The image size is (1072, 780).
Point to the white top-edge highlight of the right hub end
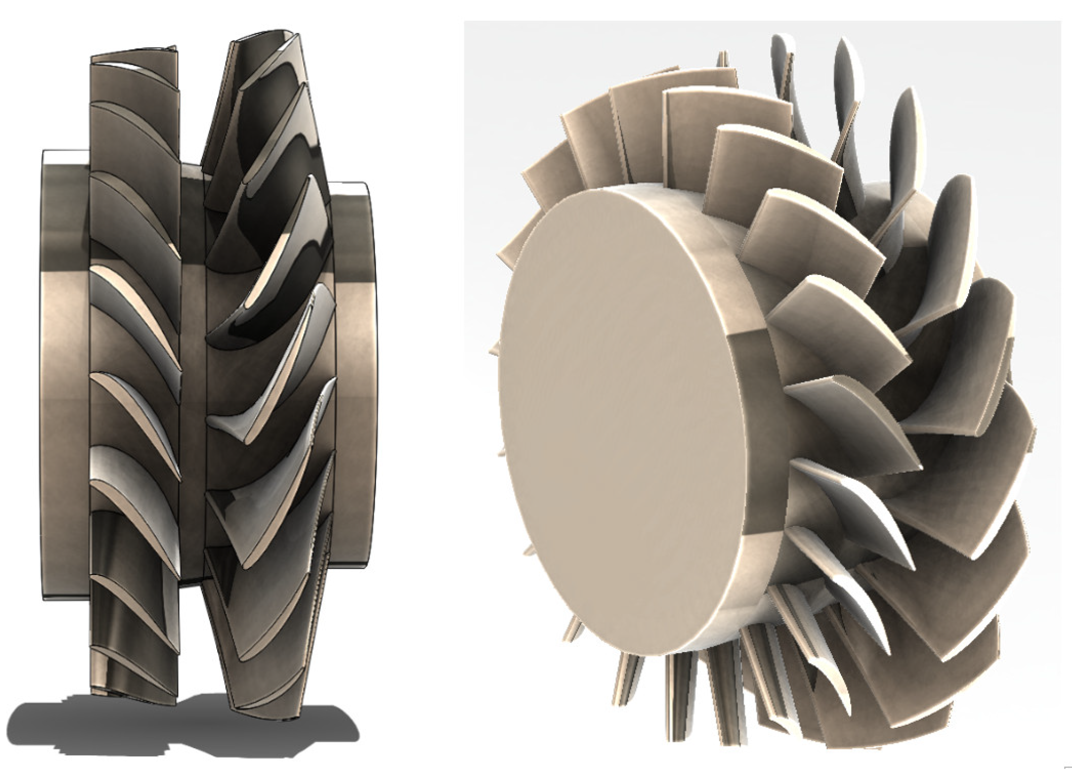coord(351,189)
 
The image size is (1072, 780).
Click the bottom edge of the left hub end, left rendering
coord(65,597)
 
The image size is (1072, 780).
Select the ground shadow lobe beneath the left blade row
coord(100,728)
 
